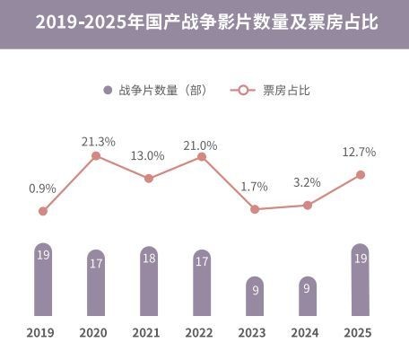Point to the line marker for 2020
click(x=95, y=156)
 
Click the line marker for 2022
click(x=201, y=157)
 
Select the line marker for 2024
click(x=307, y=206)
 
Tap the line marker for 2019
click(x=42, y=211)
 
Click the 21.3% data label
click(x=97, y=141)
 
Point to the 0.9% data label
click(x=42, y=189)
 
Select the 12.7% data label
click(x=359, y=152)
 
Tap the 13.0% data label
click(x=148, y=155)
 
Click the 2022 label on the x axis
click(x=201, y=332)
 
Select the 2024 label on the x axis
click(x=307, y=332)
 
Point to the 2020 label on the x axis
click(x=95, y=332)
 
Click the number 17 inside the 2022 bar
click(x=201, y=263)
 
